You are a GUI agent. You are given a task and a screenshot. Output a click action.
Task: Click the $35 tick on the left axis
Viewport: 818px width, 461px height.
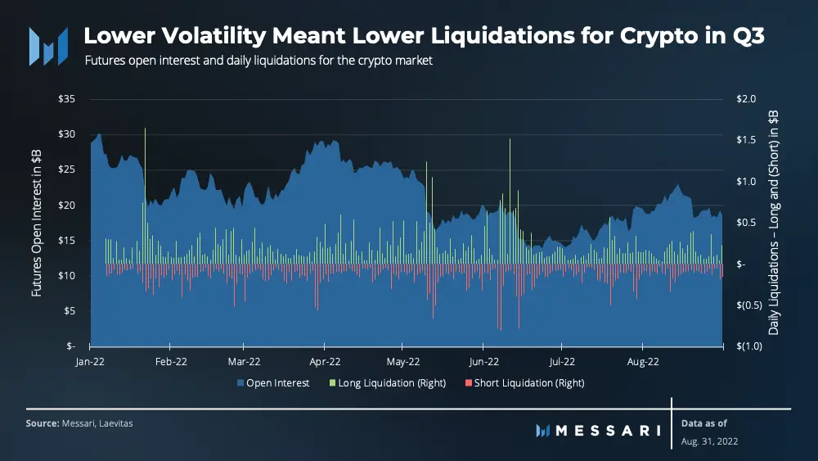67,99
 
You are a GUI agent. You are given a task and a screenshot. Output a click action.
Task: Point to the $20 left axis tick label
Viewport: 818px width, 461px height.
67,205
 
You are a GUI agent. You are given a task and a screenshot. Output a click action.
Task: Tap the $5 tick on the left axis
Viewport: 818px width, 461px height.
69,310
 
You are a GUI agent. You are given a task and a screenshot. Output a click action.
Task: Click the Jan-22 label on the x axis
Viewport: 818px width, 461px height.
90,361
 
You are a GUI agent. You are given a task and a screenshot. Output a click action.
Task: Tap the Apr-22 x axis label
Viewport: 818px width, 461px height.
326,361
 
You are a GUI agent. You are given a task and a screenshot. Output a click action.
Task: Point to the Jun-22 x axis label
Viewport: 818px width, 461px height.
483,361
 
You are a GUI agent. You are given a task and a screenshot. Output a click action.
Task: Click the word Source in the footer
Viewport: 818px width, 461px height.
41,423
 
